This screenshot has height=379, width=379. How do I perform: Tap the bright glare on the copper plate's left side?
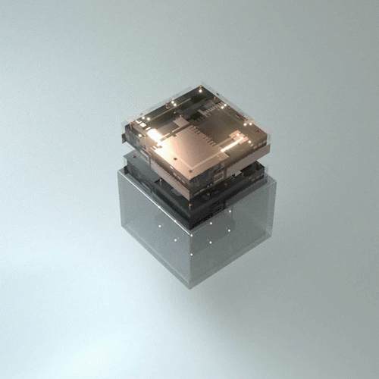(155, 135)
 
